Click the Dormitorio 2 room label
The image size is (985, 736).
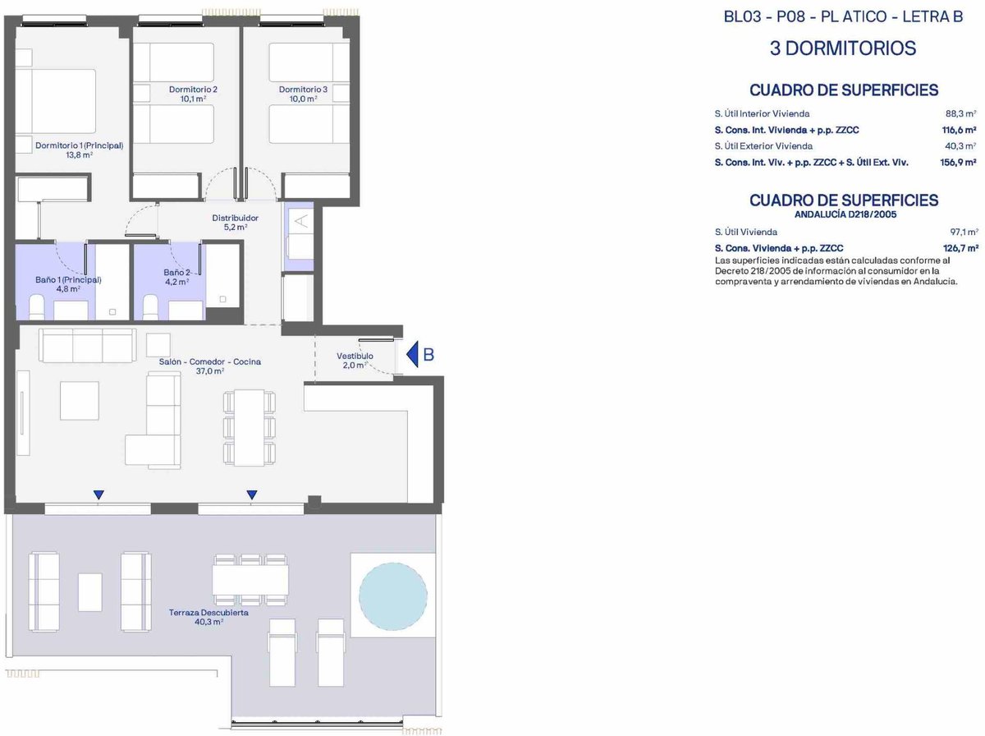click(193, 90)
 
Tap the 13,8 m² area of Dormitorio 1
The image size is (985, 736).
click(80, 155)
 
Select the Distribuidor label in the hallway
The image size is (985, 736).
click(235, 218)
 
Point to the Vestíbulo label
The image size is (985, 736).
click(355, 356)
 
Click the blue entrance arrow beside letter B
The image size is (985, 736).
click(412, 354)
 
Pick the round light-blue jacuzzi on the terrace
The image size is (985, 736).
click(392, 596)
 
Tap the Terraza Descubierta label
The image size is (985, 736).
click(208, 613)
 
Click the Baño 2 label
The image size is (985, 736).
click(176, 273)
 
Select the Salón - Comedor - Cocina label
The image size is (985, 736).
click(209, 361)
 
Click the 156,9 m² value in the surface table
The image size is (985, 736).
click(958, 162)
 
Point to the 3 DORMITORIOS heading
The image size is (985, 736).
click(843, 48)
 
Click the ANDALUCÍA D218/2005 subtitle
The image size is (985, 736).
click(845, 214)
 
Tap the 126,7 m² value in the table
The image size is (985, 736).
click(960, 248)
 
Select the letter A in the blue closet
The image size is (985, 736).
click(302, 221)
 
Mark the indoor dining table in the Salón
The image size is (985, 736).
click(250, 428)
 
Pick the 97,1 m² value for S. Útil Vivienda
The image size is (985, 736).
click(964, 232)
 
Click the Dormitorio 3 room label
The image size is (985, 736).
click(303, 90)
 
